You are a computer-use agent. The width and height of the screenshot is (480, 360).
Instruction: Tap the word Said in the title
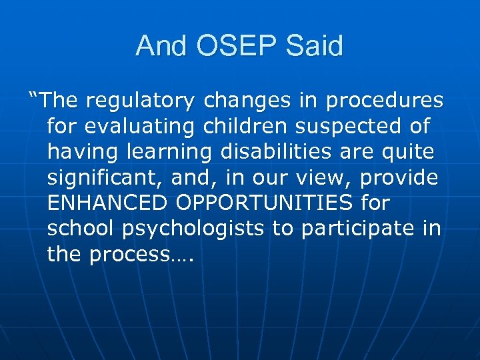click(x=315, y=46)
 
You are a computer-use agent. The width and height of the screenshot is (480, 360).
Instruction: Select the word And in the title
click(x=162, y=46)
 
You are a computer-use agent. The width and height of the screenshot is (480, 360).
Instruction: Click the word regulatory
click(x=142, y=101)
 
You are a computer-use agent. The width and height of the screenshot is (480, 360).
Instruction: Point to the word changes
click(x=248, y=101)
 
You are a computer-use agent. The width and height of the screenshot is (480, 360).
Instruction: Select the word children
click(x=247, y=126)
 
